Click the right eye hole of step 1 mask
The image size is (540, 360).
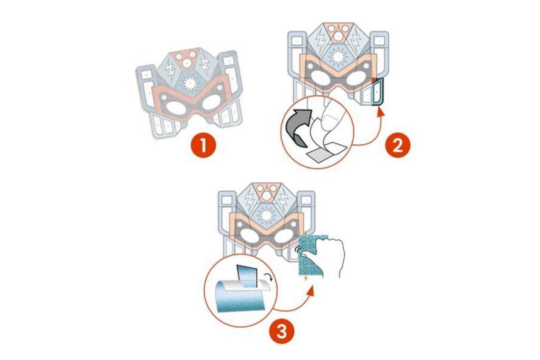coord(209,103)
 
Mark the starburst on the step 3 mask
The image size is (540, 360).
coord(267,215)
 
